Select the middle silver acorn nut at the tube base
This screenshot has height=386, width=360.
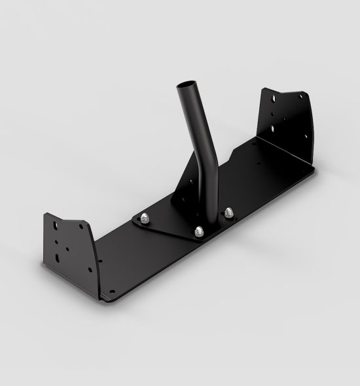197,230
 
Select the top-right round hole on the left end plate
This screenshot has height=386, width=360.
81,226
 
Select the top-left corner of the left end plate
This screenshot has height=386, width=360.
46,215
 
